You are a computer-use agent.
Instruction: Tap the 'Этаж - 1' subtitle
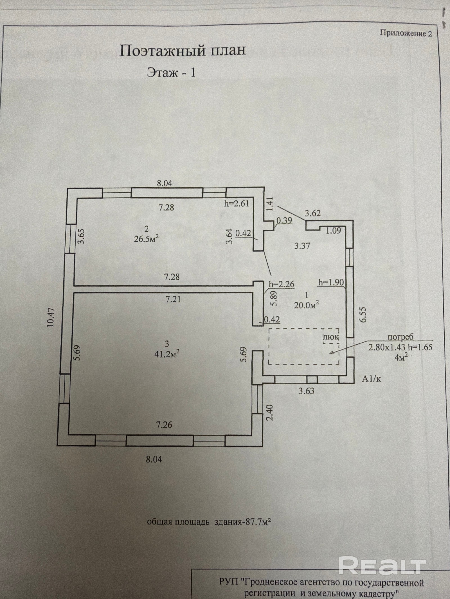coord(171,73)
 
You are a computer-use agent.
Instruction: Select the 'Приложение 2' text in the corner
coord(406,33)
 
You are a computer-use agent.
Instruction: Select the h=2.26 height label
coord(282,284)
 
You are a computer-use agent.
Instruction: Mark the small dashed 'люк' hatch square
coord(331,337)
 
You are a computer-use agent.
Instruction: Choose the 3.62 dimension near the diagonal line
coord(313,213)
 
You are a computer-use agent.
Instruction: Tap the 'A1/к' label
coord(371,379)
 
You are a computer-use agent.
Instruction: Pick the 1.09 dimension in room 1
coord(334,231)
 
